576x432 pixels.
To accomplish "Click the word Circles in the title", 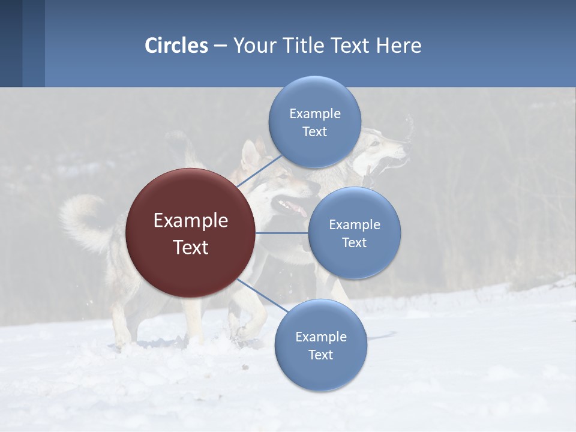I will click(x=176, y=46).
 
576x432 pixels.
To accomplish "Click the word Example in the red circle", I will click(x=191, y=221).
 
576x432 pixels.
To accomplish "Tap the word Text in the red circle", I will click(x=191, y=247).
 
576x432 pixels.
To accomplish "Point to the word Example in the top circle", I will click(x=314, y=113).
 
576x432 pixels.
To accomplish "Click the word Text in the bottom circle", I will click(x=320, y=355).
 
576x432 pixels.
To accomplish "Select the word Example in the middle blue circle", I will click(x=354, y=225).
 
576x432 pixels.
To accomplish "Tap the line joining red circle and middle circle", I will click(x=282, y=233).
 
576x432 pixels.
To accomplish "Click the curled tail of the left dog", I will click(x=84, y=219).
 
